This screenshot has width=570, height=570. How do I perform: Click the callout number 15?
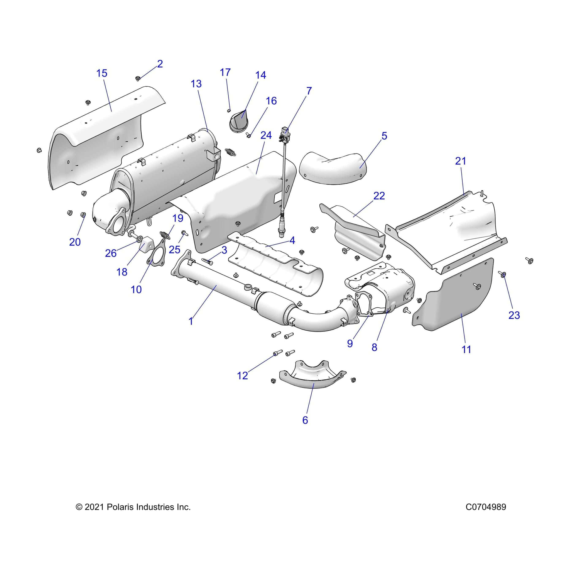[x=102, y=73]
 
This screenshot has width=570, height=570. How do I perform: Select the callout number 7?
[x=309, y=91]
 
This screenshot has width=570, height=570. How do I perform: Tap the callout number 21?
[x=461, y=161]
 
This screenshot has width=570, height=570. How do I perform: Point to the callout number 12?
[x=243, y=376]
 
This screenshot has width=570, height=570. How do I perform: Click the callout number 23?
[x=514, y=315]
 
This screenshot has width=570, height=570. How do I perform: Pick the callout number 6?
[x=305, y=420]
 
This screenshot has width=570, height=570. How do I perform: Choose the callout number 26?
[x=111, y=253]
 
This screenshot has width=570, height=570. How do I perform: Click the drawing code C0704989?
[x=486, y=507]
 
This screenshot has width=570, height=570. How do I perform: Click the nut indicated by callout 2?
[x=138, y=79]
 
